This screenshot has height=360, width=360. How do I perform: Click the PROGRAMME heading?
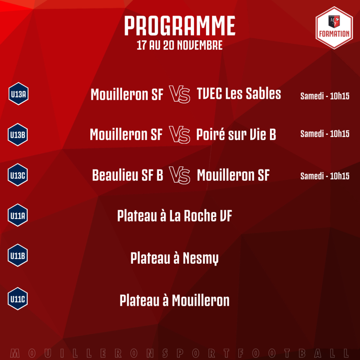coord(180,26)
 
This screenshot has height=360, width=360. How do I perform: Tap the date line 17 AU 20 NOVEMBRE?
coord(180,45)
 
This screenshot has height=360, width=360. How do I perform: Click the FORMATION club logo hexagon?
coord(334,28)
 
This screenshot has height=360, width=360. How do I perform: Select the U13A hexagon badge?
coord(18,94)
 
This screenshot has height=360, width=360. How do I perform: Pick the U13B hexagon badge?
coord(18,135)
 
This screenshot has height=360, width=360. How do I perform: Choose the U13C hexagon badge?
coord(18,175)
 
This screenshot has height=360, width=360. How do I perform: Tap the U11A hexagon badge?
coord(18,215)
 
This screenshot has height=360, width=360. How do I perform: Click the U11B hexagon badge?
coord(18,255)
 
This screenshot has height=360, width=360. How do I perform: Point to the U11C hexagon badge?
coord(18,299)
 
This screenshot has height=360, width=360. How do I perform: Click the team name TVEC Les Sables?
coord(239,94)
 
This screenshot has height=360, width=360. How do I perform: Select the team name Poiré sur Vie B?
coord(236,134)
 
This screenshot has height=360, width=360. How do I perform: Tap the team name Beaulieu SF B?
coord(127,175)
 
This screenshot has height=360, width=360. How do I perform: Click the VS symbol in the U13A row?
coord(180,94)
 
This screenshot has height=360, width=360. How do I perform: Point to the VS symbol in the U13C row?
coord(180,175)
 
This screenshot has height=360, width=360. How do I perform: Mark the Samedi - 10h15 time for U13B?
coord(325,134)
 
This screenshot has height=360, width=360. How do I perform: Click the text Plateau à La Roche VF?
coord(174,216)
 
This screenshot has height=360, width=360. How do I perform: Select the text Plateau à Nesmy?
coord(174,258)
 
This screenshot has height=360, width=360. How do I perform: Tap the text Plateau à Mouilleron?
coord(174,300)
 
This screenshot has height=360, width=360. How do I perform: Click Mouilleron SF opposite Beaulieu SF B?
coord(233,175)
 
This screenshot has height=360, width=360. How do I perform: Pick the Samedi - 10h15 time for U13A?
coord(325,96)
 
